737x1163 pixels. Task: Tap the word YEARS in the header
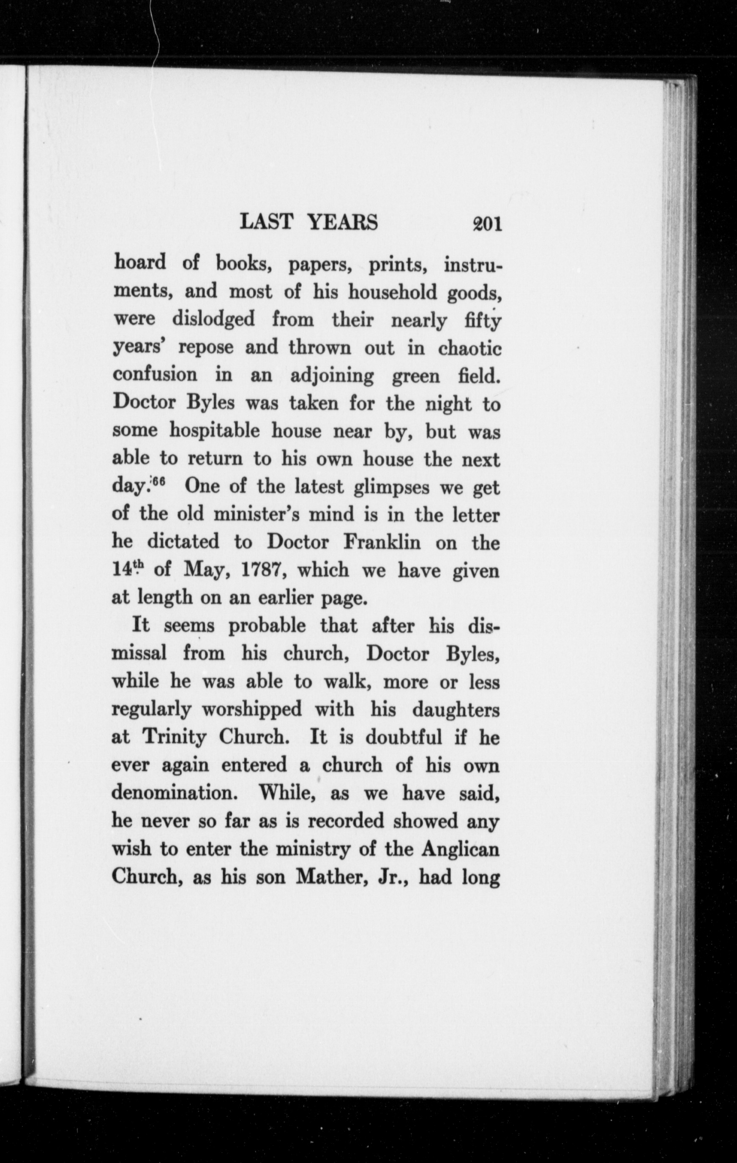tap(343, 223)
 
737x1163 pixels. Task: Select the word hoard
tap(139, 263)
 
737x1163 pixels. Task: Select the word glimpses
tap(391, 487)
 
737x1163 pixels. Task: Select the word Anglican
tap(460, 849)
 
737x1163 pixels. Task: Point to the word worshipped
tap(251, 710)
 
